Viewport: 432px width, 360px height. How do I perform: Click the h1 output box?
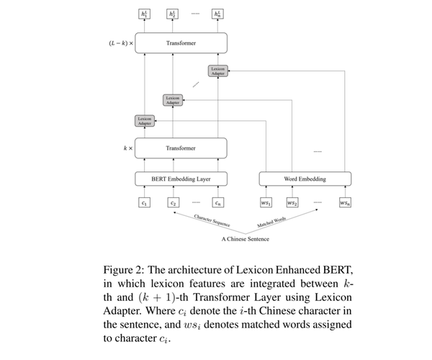(x=144, y=14)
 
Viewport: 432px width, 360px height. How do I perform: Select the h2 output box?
(x=173, y=14)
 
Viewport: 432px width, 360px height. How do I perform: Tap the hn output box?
(x=217, y=14)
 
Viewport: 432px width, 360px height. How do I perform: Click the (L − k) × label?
(x=116, y=43)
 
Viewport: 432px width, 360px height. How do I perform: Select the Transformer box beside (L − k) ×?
(x=181, y=43)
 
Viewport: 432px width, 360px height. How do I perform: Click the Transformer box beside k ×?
(x=181, y=148)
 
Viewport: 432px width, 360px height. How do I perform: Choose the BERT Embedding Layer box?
(x=181, y=178)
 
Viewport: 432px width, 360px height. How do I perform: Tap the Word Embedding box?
(x=305, y=178)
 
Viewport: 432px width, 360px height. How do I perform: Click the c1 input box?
(x=144, y=203)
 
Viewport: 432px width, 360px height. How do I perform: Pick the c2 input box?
(x=173, y=203)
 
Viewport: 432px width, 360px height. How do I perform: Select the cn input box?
(x=217, y=203)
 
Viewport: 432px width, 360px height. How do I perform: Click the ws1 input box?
(x=266, y=203)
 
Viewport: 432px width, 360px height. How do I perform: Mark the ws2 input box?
(x=292, y=203)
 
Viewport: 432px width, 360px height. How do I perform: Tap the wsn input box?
(x=345, y=203)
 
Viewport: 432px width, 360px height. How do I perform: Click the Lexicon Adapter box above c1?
(x=144, y=120)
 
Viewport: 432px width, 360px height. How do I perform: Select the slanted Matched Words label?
(x=274, y=223)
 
